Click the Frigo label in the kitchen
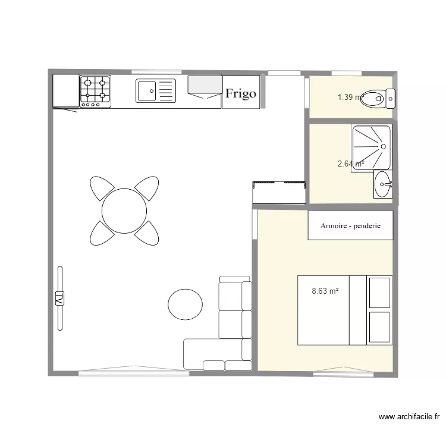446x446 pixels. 241,93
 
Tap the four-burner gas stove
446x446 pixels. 95,92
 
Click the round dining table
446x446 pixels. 124,211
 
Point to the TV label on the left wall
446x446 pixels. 59,299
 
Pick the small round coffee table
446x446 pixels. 185,304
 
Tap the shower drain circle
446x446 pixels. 383,147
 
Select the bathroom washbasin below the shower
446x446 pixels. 383,184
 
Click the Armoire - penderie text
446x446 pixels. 350,226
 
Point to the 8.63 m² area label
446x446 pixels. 325,291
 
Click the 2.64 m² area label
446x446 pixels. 351,164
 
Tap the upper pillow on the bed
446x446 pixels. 379,293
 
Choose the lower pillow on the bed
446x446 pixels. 379,327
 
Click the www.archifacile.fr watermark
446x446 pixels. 409,417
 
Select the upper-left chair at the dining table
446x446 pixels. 102,188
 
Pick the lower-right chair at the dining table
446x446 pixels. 147,233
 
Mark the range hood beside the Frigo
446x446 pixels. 205,87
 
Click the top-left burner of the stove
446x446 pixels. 88,83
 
